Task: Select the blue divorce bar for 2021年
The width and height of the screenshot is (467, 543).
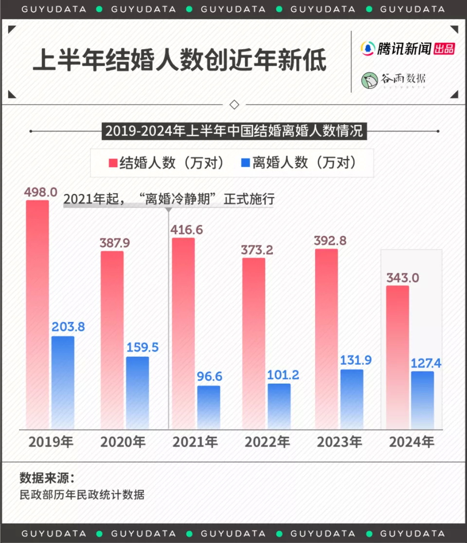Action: (x=208, y=407)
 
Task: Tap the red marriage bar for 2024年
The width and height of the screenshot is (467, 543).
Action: (x=397, y=357)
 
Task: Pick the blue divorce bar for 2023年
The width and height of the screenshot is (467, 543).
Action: (x=352, y=399)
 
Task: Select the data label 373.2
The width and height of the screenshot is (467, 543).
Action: (x=257, y=250)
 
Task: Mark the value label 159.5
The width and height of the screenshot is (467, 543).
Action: (x=143, y=348)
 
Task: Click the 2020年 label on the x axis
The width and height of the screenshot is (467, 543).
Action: (x=123, y=442)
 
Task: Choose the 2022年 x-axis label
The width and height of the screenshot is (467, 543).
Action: (x=267, y=442)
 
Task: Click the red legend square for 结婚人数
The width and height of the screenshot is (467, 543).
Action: (x=112, y=163)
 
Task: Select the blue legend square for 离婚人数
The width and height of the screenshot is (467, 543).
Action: (x=245, y=163)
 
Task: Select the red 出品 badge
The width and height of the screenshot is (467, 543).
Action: (x=444, y=49)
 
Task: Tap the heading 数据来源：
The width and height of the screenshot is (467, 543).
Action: (x=47, y=477)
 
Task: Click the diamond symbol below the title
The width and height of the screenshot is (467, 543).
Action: (x=233, y=105)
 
